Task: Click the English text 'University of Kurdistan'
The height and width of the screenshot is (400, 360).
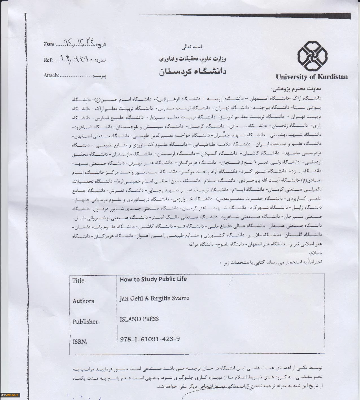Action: click(312, 77)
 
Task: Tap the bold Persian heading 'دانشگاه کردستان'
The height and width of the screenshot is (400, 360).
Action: click(193, 71)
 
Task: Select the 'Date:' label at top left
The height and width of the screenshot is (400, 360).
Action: click(49, 44)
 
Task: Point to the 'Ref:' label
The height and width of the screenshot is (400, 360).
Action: click(48, 60)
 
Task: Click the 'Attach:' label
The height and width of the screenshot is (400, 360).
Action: click(51, 75)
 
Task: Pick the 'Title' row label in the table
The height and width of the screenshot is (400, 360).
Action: click(79, 280)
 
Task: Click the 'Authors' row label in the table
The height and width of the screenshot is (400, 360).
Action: click(83, 301)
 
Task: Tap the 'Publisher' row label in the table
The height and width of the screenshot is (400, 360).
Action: click(86, 322)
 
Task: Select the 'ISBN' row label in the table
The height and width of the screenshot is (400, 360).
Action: click(80, 342)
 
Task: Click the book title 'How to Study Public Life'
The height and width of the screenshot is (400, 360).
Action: click(153, 279)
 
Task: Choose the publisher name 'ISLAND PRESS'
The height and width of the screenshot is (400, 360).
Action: click(139, 319)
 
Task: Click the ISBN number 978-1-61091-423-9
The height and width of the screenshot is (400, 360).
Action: click(150, 339)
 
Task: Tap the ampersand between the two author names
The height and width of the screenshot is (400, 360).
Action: click(146, 298)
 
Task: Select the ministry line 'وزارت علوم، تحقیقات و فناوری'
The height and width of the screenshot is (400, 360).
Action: click(192, 59)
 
